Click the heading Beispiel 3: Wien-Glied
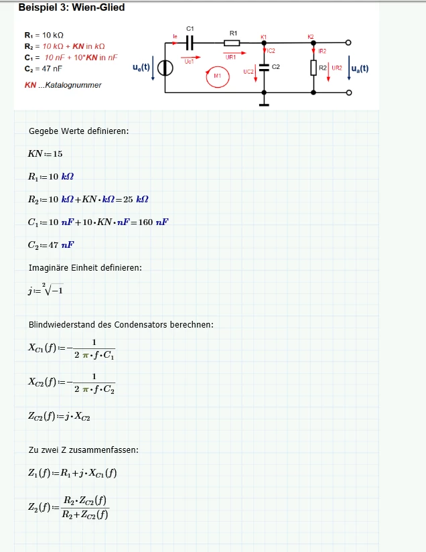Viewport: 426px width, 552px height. (72, 7)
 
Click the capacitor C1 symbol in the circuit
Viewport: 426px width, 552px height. (190, 43)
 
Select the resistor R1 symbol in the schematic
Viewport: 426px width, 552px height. (232, 43)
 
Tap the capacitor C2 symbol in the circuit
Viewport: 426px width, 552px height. (264, 67)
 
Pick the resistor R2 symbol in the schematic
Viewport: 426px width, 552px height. (313, 68)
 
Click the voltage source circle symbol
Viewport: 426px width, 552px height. (165, 68)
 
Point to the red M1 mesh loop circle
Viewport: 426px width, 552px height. (218, 77)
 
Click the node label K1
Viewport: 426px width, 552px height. (264, 37)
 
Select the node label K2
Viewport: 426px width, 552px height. (311, 37)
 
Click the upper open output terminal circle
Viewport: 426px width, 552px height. (348, 43)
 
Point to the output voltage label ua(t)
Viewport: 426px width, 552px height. (360, 68)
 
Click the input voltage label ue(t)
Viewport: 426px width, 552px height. (141, 67)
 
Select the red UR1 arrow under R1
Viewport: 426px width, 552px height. (234, 53)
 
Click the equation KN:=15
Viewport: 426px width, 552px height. (45, 154)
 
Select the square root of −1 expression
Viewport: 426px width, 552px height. (53, 289)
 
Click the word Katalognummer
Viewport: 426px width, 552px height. (73, 85)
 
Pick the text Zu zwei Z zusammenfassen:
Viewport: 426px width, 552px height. (84, 450)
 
